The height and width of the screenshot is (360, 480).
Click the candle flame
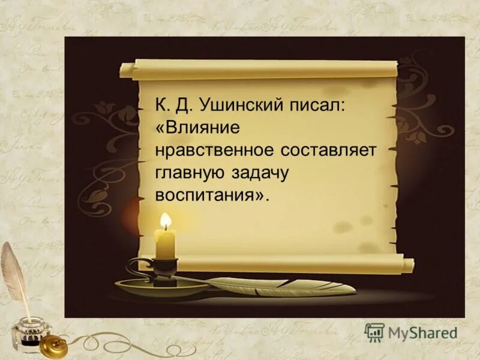click(166, 221)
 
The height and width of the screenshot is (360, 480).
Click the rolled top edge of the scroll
click(264, 69)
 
